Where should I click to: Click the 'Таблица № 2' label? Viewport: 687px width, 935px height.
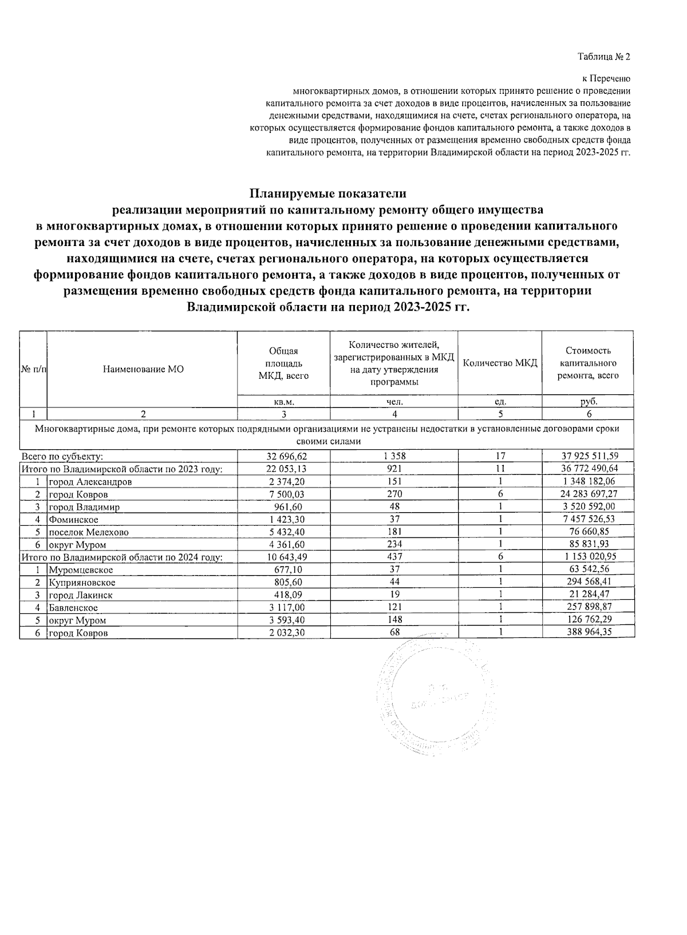pos(603,57)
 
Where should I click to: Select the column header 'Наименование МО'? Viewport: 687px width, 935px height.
pos(143,370)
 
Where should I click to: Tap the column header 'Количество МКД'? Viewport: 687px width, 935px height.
pos(500,363)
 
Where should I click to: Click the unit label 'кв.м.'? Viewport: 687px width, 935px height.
pos(283,402)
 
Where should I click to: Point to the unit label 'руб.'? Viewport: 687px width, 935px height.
pos(589,402)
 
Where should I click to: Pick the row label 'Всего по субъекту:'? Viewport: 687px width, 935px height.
pos(62,457)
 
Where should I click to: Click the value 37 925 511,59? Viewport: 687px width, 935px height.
pos(589,457)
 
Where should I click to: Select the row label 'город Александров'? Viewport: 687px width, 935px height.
pos(90,482)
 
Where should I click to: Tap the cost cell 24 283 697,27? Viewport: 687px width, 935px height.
pos(589,494)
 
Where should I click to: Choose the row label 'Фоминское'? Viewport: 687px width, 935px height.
pos(73,520)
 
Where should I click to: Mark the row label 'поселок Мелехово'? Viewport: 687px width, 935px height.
pos(89,532)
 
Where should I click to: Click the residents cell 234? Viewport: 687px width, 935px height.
pos(394,545)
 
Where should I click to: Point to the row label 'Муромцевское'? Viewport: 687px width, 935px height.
pos(81,570)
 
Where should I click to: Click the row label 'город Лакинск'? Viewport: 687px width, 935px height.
pos(81,595)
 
